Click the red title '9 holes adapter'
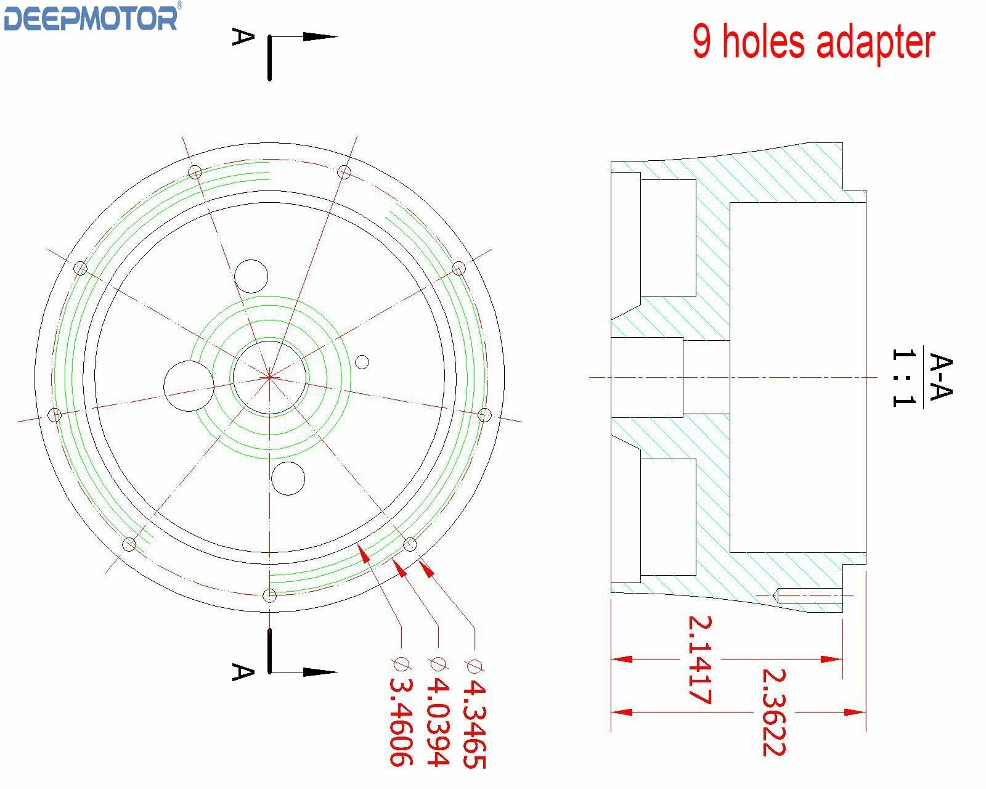click(x=813, y=43)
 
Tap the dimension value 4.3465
click(x=475, y=724)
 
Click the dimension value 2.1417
click(x=700, y=660)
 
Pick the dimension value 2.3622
click(x=774, y=713)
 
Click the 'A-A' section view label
click(x=941, y=377)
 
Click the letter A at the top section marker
click(x=243, y=37)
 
